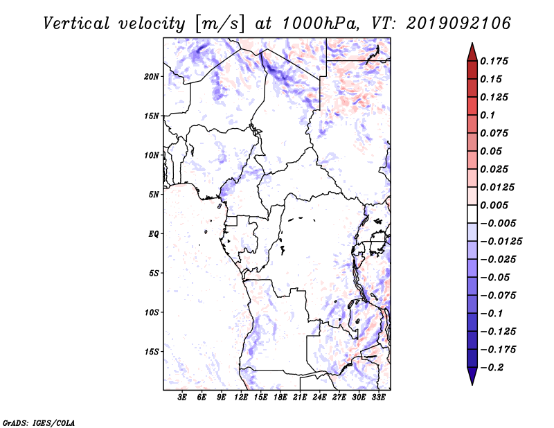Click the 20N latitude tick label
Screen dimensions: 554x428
[152, 77]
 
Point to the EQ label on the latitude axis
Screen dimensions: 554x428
[154, 234]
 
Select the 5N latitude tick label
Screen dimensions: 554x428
[154, 195]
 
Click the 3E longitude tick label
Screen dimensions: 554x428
[182, 398]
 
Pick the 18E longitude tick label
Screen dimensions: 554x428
[280, 398]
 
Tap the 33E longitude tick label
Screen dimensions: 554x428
[378, 398]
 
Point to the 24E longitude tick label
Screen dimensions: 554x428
[319, 398]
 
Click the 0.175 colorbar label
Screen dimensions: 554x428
[494, 61]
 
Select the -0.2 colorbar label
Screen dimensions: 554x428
[492, 368]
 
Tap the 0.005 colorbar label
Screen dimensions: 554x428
[494, 205]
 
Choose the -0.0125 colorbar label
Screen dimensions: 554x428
[501, 242]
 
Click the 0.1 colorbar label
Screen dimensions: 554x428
[488, 115]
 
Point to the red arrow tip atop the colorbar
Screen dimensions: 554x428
[472, 43]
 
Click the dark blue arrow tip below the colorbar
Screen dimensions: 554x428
[472, 384]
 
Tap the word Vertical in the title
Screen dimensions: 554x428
[76, 24]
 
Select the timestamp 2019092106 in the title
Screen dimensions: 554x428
[458, 24]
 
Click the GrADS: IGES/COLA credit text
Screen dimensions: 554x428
[39, 423]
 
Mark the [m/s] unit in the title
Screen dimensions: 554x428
[220, 24]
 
